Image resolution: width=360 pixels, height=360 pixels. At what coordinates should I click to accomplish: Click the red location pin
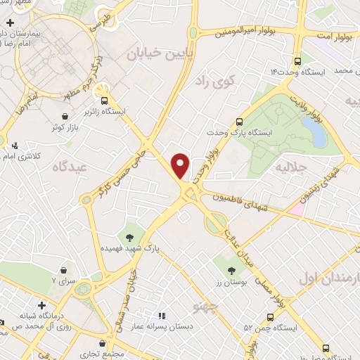pos(181,165)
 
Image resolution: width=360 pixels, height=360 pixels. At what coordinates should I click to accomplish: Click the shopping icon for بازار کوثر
pos(65,116)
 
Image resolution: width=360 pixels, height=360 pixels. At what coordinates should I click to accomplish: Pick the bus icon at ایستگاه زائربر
pos(104,101)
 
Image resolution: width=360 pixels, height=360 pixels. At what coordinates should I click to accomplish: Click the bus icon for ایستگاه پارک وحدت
pos(239,121)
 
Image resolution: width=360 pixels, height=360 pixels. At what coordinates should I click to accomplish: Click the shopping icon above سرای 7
pos(64,270)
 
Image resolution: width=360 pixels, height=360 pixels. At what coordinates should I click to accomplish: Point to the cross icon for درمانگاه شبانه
pos(44,306)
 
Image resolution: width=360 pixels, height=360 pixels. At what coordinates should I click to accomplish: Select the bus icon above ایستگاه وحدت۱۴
pos(300,60)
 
